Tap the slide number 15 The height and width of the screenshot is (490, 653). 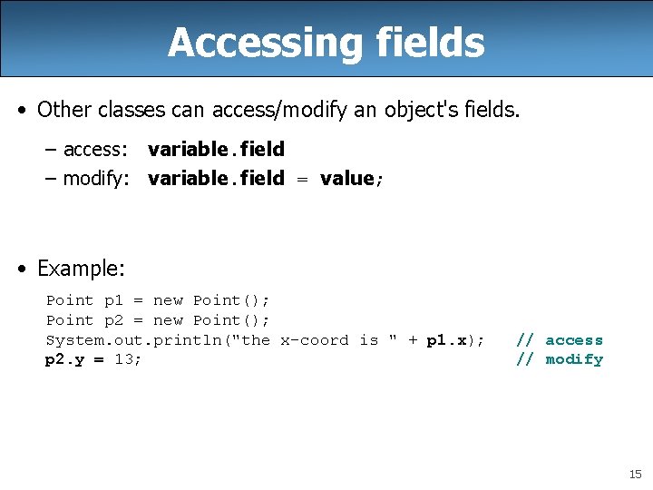(635, 474)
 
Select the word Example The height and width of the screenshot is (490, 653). (80, 269)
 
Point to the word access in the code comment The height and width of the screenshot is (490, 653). (574, 340)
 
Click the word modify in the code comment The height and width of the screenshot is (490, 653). (574, 359)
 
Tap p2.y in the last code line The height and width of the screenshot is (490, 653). (65, 359)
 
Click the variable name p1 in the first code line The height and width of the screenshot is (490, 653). (113, 300)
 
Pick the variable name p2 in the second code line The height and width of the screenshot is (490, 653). (113, 320)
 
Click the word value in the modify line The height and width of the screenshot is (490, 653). (346, 178)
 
